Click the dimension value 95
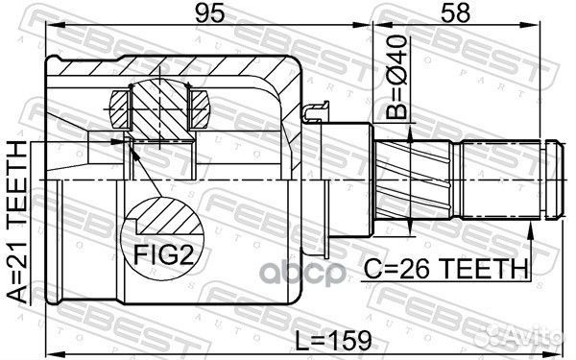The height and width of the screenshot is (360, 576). pos(209,13)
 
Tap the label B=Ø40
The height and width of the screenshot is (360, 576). pos(397,77)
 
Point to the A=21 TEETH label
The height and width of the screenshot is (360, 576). pos(17,223)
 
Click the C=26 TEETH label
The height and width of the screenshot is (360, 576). pos(445,269)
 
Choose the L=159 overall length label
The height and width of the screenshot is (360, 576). pos(334,340)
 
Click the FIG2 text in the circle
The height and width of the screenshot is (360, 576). pos(163,254)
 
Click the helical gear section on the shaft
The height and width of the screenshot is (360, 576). pos(413,180)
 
